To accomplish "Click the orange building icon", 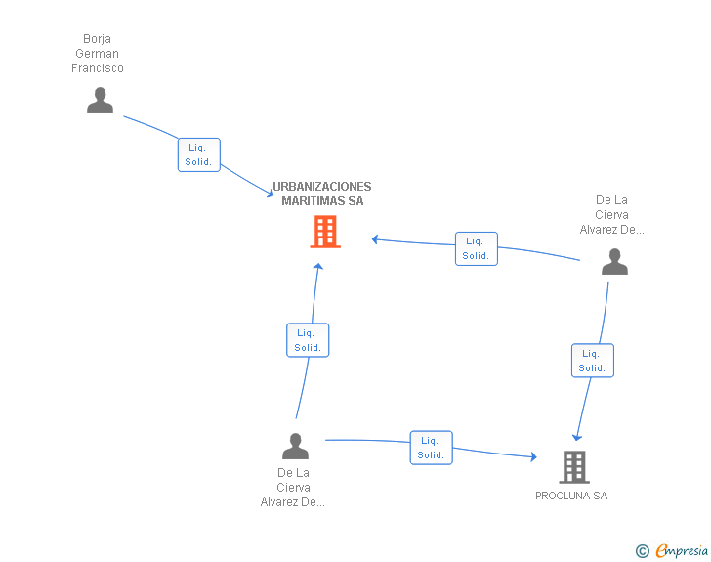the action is click(x=325, y=232).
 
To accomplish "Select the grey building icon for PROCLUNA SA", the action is click(x=574, y=466).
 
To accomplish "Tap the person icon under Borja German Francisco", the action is click(x=100, y=101).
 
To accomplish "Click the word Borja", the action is click(x=97, y=39).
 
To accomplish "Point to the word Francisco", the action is click(x=98, y=68).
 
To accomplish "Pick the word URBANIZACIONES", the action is click(x=322, y=187).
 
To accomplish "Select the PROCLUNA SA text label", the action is click(x=571, y=496).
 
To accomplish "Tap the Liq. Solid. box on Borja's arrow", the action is click(x=199, y=154).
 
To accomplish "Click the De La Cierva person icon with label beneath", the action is click(x=295, y=446).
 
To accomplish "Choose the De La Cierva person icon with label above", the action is click(x=614, y=261).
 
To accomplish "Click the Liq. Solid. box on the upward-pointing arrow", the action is click(x=308, y=340).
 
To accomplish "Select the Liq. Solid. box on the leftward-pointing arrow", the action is click(x=477, y=249).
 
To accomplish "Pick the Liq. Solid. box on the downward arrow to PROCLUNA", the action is click(x=593, y=361).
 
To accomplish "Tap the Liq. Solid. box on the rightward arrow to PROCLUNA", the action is click(x=432, y=448).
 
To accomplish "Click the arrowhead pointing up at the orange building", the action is click(x=318, y=267).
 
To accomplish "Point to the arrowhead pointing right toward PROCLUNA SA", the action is click(x=533, y=456).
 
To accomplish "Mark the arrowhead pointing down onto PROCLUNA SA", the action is click(x=577, y=437).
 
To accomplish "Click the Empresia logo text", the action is click(x=682, y=550).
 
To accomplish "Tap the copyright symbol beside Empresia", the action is click(x=642, y=551).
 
